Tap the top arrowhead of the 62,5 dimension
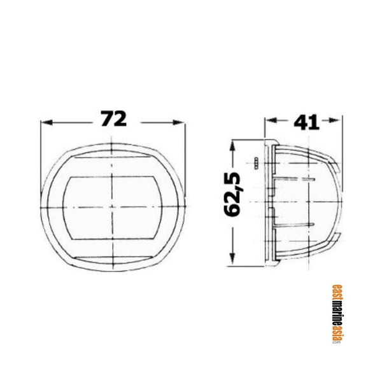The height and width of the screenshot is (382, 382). [236, 145]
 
